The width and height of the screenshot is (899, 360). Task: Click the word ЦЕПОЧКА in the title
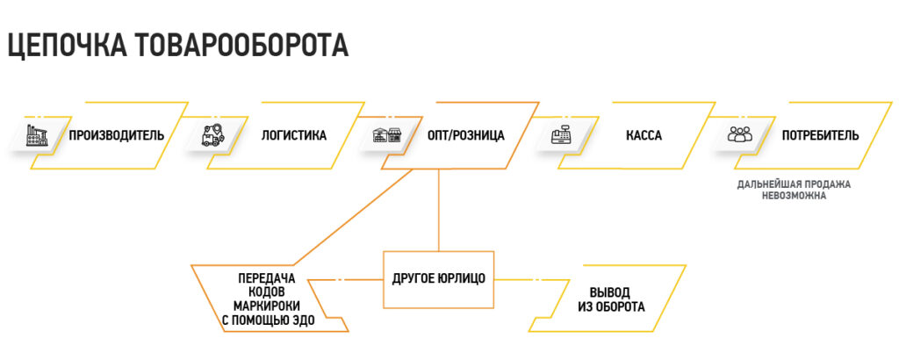[68, 45]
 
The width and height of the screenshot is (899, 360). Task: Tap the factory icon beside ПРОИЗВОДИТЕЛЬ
[38, 135]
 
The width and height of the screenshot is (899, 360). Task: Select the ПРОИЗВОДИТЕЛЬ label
[117, 136]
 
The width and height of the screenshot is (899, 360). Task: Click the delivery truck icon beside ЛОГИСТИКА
[214, 135]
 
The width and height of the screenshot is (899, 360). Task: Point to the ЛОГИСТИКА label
[293, 136]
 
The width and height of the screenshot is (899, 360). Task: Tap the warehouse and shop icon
[386, 135]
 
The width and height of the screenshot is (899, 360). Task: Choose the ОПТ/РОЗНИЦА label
[465, 136]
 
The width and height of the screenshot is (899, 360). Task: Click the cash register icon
[563, 135]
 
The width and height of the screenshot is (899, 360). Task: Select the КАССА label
[644, 136]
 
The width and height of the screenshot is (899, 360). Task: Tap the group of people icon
[739, 134]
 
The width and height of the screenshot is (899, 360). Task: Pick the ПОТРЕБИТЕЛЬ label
[821, 136]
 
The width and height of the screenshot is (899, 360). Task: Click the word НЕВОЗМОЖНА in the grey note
[794, 196]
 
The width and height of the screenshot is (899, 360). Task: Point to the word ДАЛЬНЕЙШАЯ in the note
[765, 185]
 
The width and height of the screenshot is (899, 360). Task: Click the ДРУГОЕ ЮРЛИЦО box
[439, 279]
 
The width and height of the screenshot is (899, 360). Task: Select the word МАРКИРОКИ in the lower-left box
[268, 306]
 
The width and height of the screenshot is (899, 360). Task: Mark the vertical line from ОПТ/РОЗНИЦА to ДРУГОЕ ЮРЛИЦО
[439, 211]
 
